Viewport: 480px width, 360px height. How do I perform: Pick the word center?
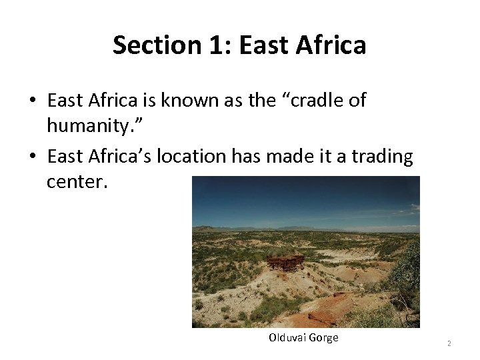click(x=76, y=181)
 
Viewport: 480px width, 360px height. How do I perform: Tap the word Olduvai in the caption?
click(x=287, y=338)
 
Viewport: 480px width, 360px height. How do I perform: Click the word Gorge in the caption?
click(x=323, y=338)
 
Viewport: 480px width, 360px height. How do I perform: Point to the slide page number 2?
click(x=449, y=343)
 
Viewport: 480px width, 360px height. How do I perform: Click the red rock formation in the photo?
click(x=285, y=260)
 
